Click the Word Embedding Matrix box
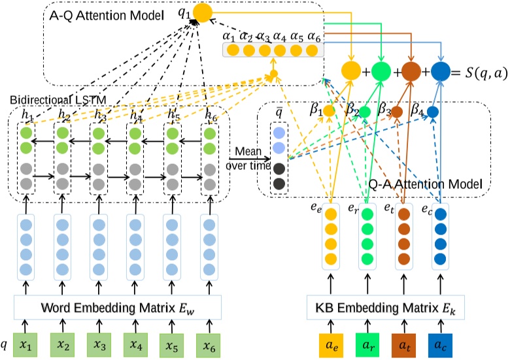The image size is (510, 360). (x=118, y=307)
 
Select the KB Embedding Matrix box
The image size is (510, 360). (x=386, y=307)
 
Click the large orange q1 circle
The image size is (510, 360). (x=203, y=12)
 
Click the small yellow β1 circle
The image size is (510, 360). (x=329, y=112)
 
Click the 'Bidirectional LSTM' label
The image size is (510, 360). (x=55, y=99)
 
